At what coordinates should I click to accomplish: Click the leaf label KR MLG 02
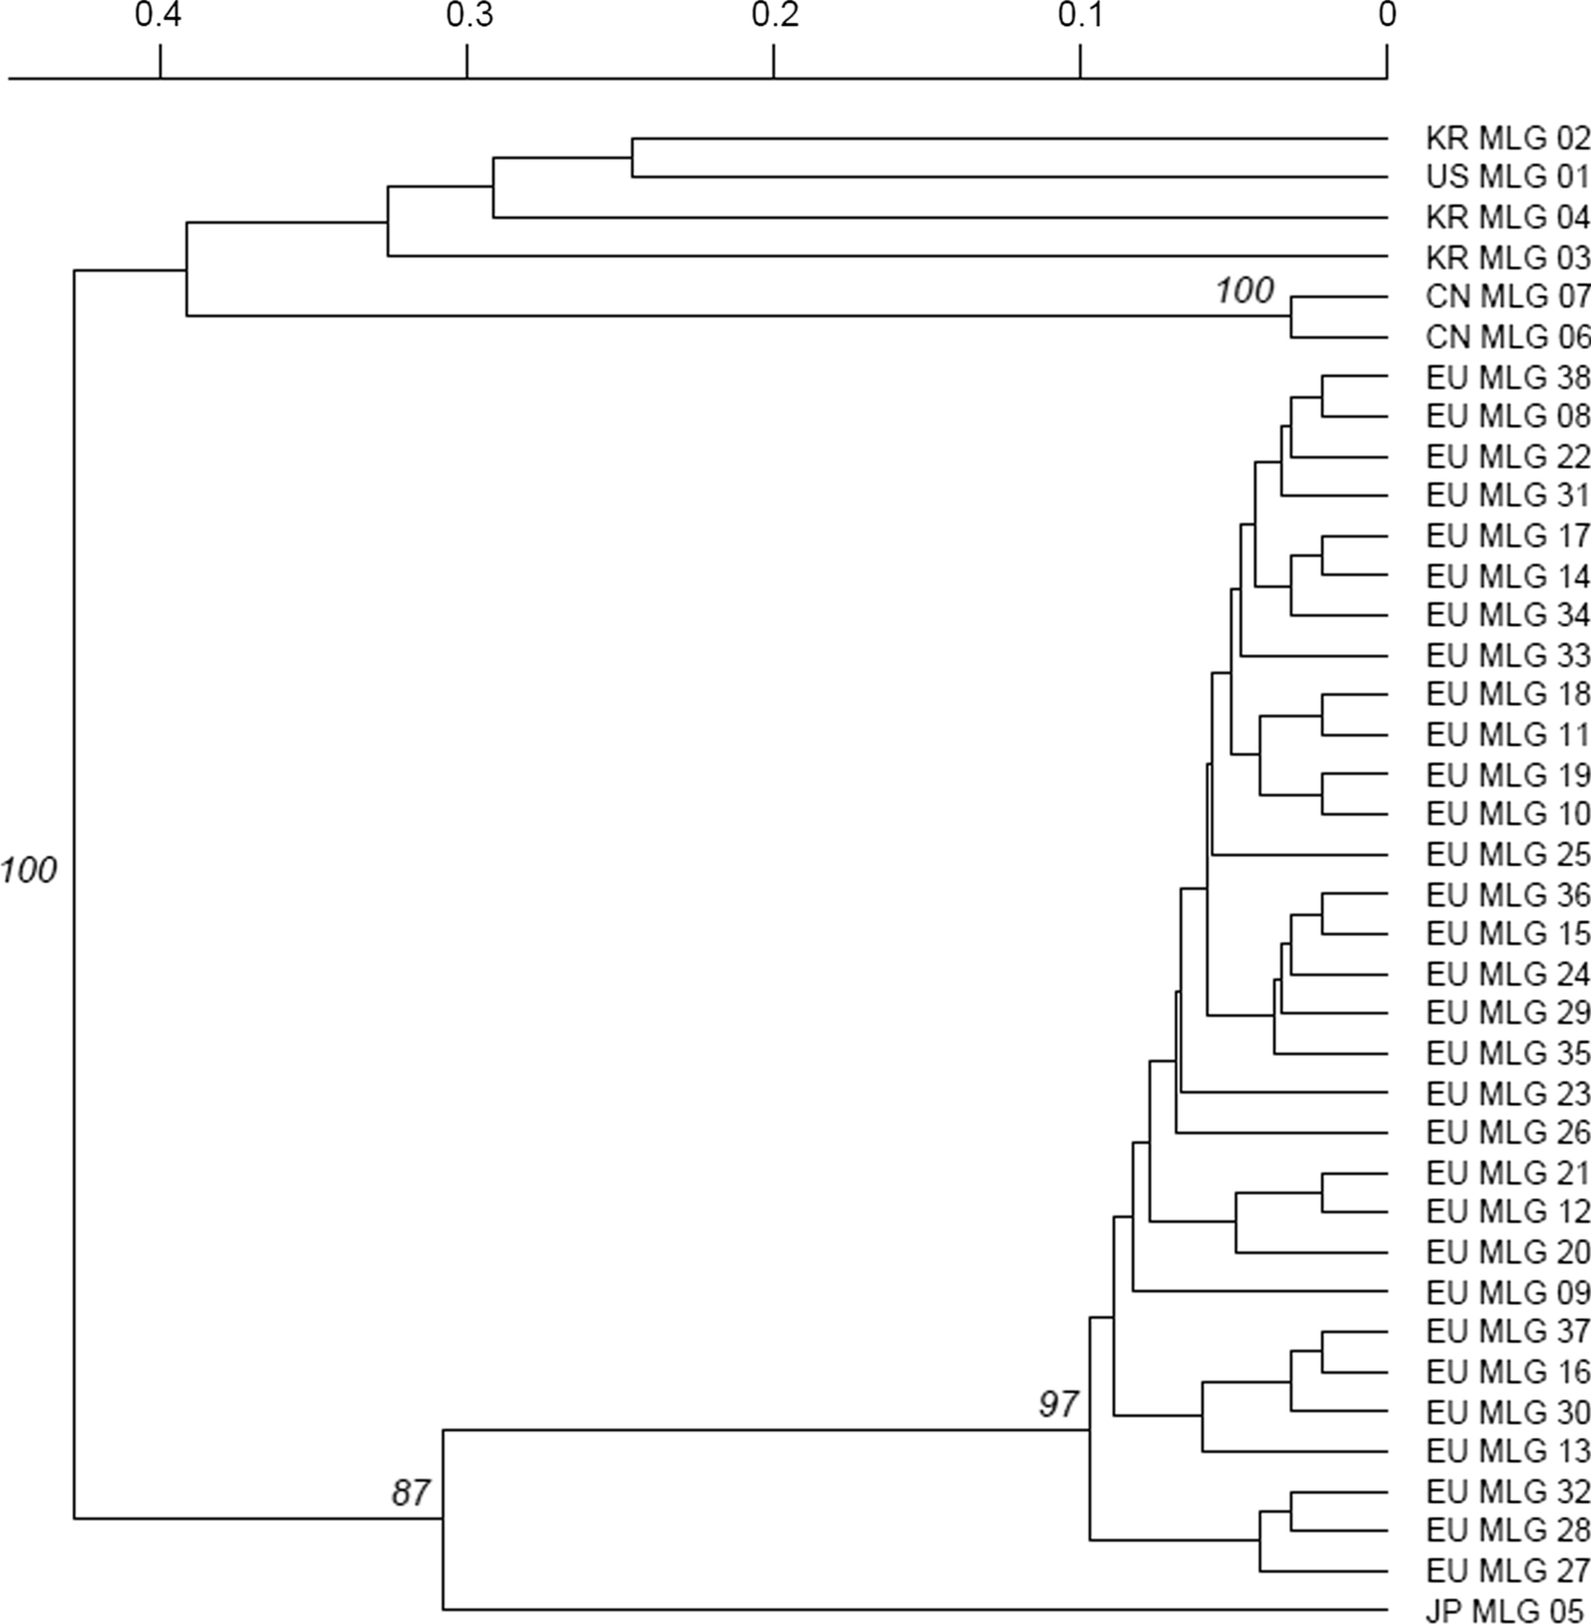pos(1507,138)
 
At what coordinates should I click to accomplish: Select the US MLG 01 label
pos(1507,178)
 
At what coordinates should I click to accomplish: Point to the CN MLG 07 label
pos(1507,297)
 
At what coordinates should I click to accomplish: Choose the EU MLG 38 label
pos(1507,377)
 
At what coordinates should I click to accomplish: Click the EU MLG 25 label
pos(1507,855)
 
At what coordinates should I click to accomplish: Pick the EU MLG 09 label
pos(1507,1292)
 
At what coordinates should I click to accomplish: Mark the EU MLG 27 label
pos(1507,1571)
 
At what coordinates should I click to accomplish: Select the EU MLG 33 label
pos(1507,656)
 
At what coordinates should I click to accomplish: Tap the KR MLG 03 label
pos(1507,257)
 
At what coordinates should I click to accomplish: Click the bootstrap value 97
pos(1059,1405)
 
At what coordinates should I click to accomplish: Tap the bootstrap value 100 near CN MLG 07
pos(1244,291)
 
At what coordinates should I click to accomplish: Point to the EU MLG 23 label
pos(1507,1094)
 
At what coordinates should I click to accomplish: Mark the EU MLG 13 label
pos(1507,1451)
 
